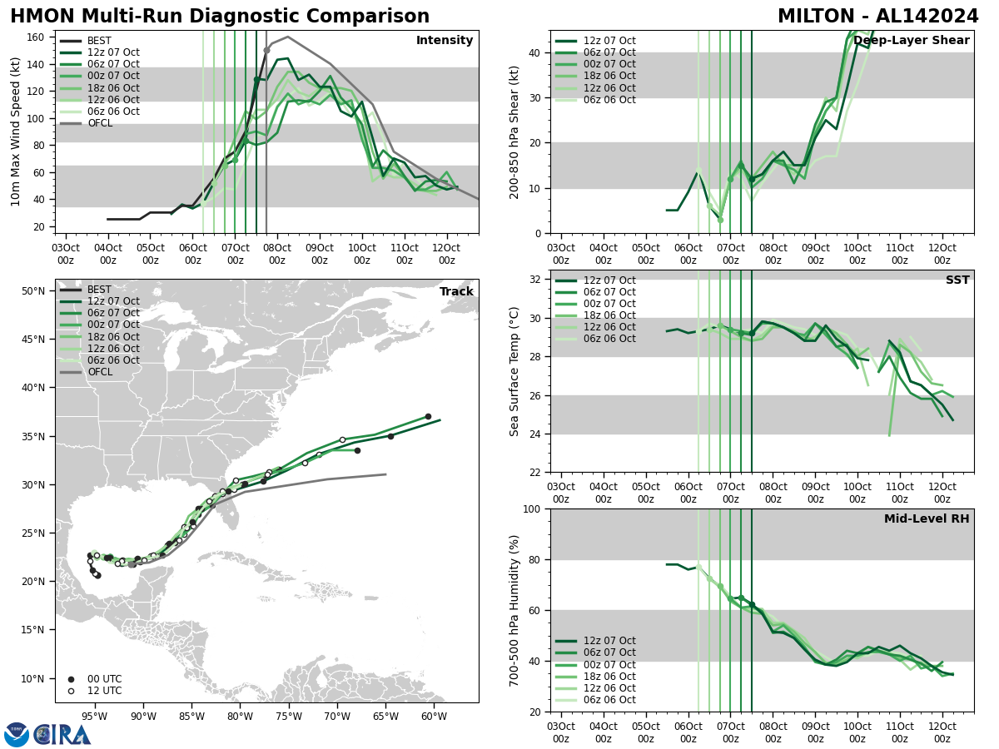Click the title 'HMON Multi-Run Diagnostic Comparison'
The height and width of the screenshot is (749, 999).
point(220,17)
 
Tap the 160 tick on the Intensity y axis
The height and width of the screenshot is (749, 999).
point(38,37)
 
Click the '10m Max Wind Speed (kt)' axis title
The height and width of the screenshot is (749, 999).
point(16,131)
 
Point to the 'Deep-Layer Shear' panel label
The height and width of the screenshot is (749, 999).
point(911,41)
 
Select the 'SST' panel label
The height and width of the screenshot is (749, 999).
point(957,280)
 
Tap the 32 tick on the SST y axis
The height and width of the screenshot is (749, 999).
point(537,280)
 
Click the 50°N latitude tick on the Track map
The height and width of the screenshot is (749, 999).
point(33,291)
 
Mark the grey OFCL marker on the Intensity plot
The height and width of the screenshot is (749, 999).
point(266,50)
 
